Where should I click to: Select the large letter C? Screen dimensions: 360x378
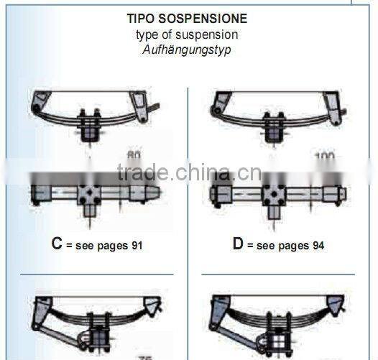pos(56,244)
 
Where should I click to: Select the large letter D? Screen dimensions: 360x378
pos(238,244)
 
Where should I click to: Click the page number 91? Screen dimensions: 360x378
pos(136,246)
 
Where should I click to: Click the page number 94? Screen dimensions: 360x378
pos(317,246)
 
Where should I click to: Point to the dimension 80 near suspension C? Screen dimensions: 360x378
pos(134,155)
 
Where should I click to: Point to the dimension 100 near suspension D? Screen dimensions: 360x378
pos(324,155)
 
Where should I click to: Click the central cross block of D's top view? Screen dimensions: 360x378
pos(275,193)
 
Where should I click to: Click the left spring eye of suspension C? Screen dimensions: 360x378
pos(37,109)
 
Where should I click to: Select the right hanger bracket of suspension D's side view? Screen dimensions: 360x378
pos(331,104)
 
